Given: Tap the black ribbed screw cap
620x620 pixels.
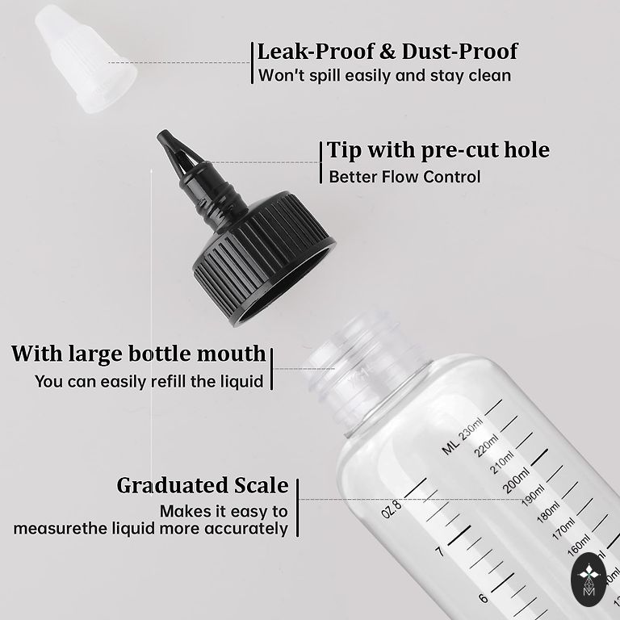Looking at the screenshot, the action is [x=264, y=257].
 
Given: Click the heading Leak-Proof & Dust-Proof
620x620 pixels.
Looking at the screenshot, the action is [x=387, y=52].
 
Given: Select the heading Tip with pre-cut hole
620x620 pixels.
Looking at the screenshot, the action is [x=438, y=150].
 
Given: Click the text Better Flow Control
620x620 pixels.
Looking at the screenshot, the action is [x=404, y=177].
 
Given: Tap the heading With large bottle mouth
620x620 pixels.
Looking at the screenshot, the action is [x=138, y=354].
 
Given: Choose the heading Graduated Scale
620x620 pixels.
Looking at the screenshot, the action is [x=203, y=485].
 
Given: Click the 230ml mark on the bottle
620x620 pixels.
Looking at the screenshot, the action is [x=471, y=429].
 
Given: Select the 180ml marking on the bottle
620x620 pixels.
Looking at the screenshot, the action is [x=548, y=513].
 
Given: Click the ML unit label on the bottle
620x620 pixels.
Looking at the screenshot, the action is [x=450, y=447].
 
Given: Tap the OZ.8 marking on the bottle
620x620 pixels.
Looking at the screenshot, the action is [x=392, y=509].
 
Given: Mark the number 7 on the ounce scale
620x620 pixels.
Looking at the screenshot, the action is [x=439, y=551].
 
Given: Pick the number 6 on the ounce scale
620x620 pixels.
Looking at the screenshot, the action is [x=484, y=598].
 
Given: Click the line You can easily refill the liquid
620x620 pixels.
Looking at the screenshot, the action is [x=149, y=382].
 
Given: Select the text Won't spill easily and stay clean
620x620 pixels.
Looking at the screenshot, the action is [x=384, y=76].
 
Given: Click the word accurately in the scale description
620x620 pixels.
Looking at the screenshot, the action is [x=246, y=529].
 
